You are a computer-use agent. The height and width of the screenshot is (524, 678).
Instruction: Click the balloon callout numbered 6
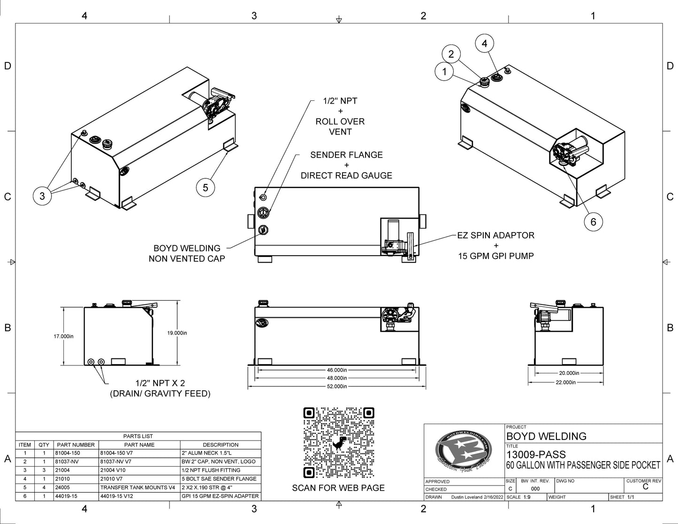click(x=593, y=221)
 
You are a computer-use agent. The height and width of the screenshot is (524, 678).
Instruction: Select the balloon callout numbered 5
click(x=206, y=188)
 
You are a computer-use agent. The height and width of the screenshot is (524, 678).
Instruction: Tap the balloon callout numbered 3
click(x=42, y=196)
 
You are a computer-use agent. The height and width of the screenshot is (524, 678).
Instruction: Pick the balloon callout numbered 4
click(x=484, y=44)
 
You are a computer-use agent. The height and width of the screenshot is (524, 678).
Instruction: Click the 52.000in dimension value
click(x=337, y=386)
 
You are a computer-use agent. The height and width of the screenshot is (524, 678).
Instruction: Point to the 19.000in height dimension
click(x=177, y=333)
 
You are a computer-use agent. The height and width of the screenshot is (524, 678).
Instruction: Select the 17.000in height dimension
click(x=64, y=336)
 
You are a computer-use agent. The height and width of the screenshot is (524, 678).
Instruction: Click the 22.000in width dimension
click(x=565, y=382)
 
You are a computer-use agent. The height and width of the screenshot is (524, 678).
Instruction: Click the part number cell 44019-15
click(x=66, y=496)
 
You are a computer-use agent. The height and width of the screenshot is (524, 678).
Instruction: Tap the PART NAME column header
click(x=139, y=445)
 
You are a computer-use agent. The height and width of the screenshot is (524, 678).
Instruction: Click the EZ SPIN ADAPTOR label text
click(x=496, y=235)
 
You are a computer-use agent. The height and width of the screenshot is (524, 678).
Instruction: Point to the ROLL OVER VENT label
click(x=340, y=126)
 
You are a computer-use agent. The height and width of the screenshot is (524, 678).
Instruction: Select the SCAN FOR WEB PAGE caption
click(x=338, y=488)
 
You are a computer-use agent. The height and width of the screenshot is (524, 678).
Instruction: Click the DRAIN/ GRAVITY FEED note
click(x=160, y=394)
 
